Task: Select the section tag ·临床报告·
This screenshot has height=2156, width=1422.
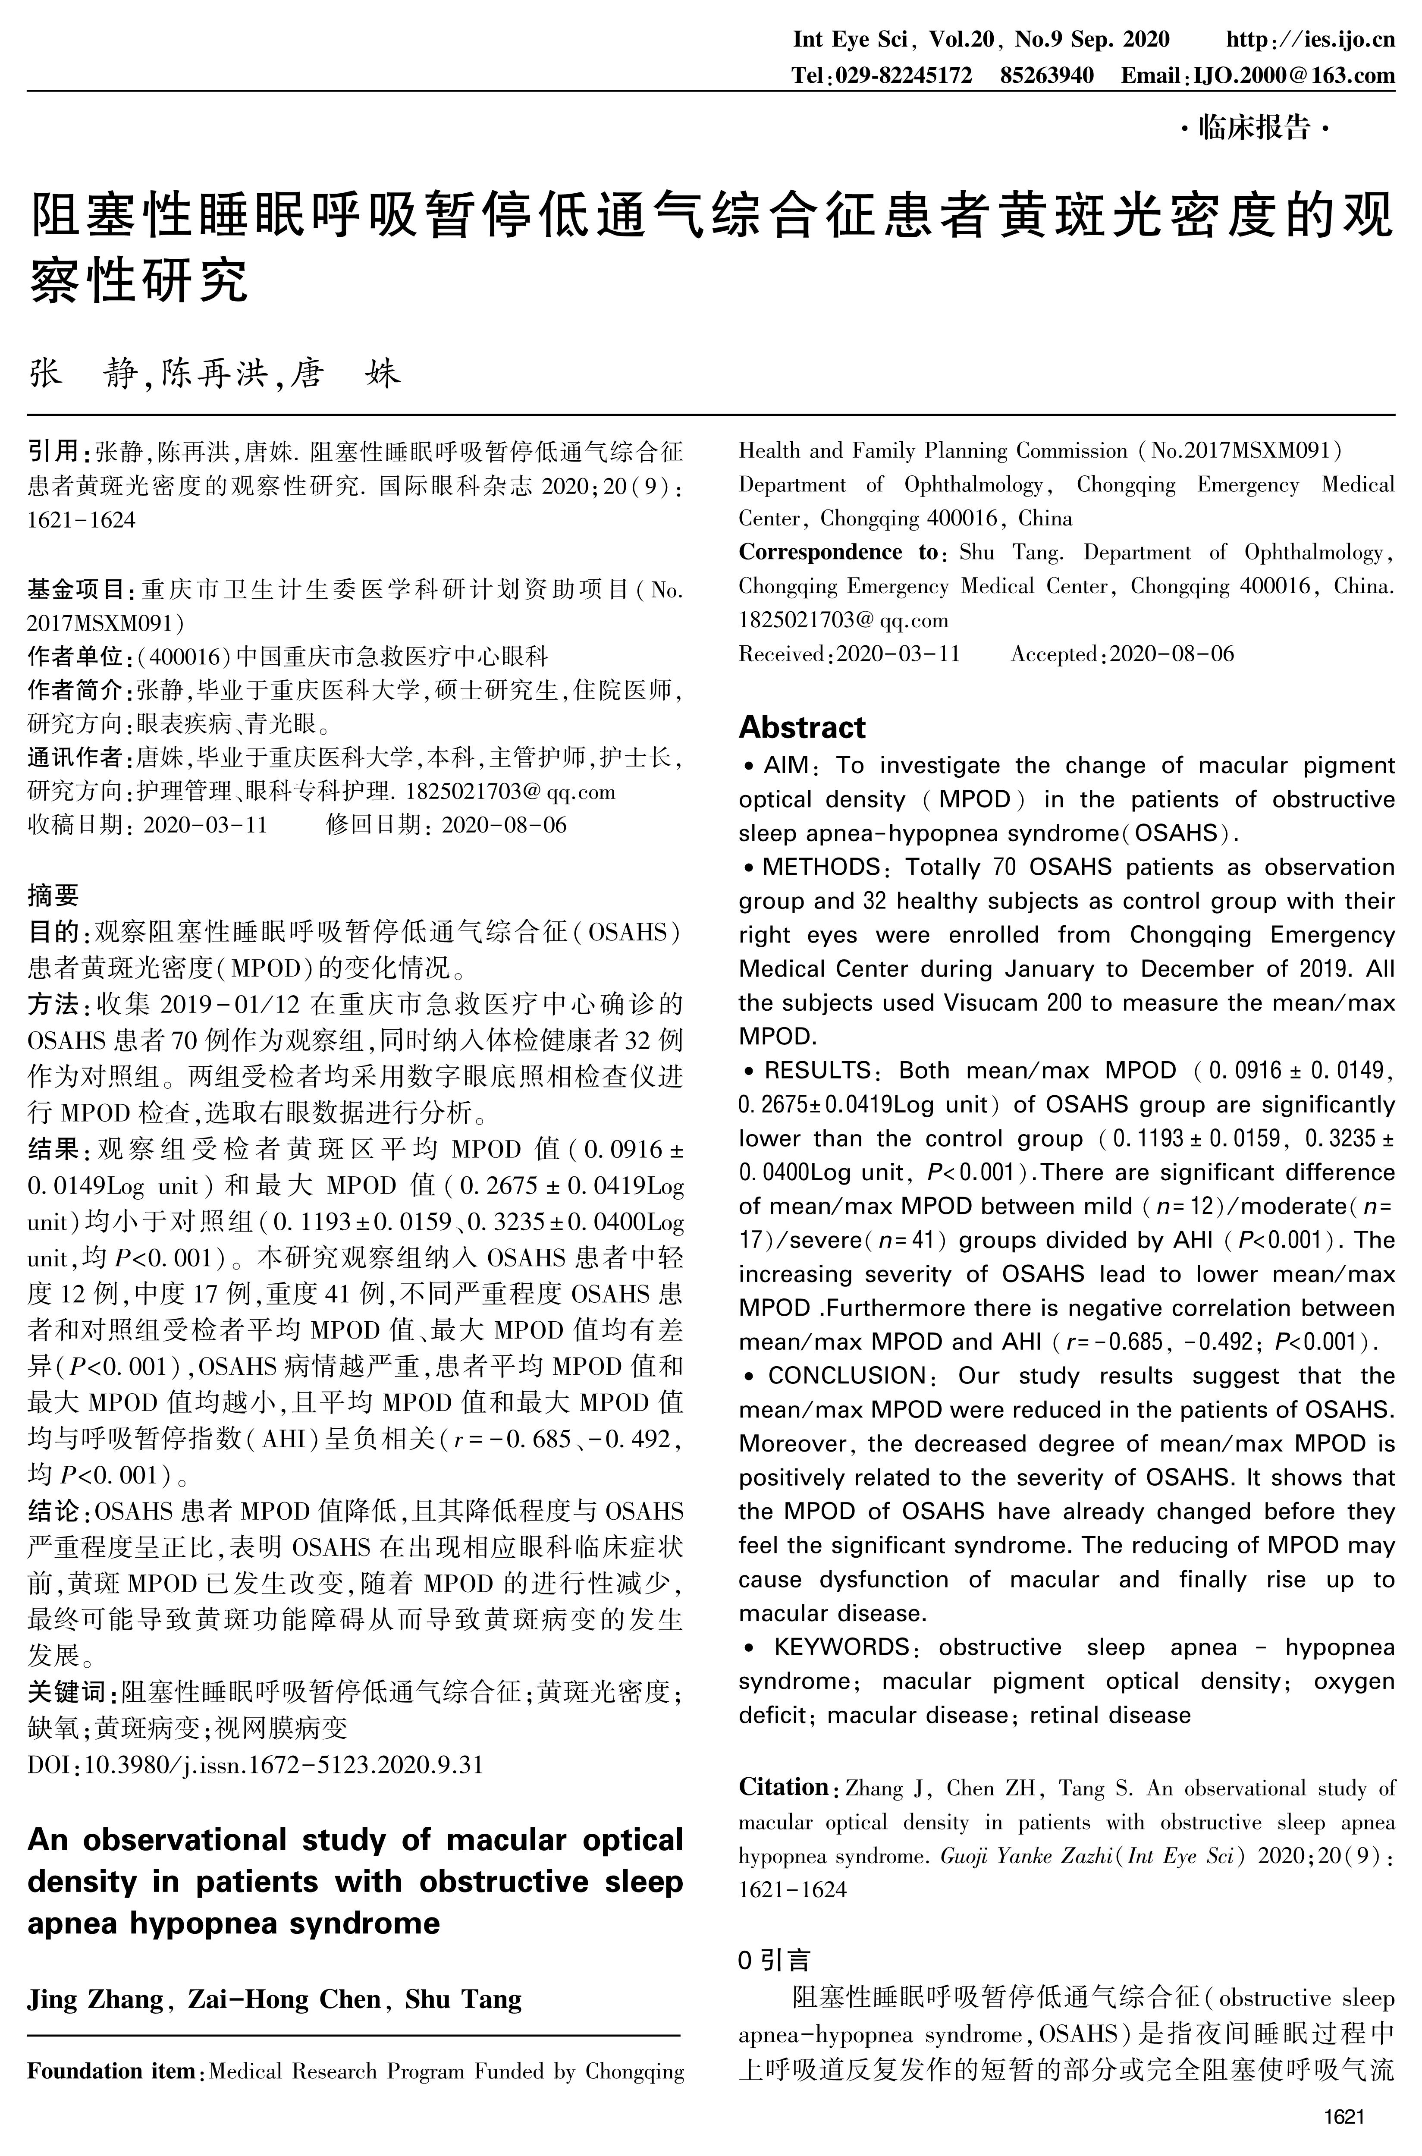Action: pos(1255,129)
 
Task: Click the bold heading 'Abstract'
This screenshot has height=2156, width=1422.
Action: pos(802,727)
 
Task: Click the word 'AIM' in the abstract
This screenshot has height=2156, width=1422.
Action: pos(785,766)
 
